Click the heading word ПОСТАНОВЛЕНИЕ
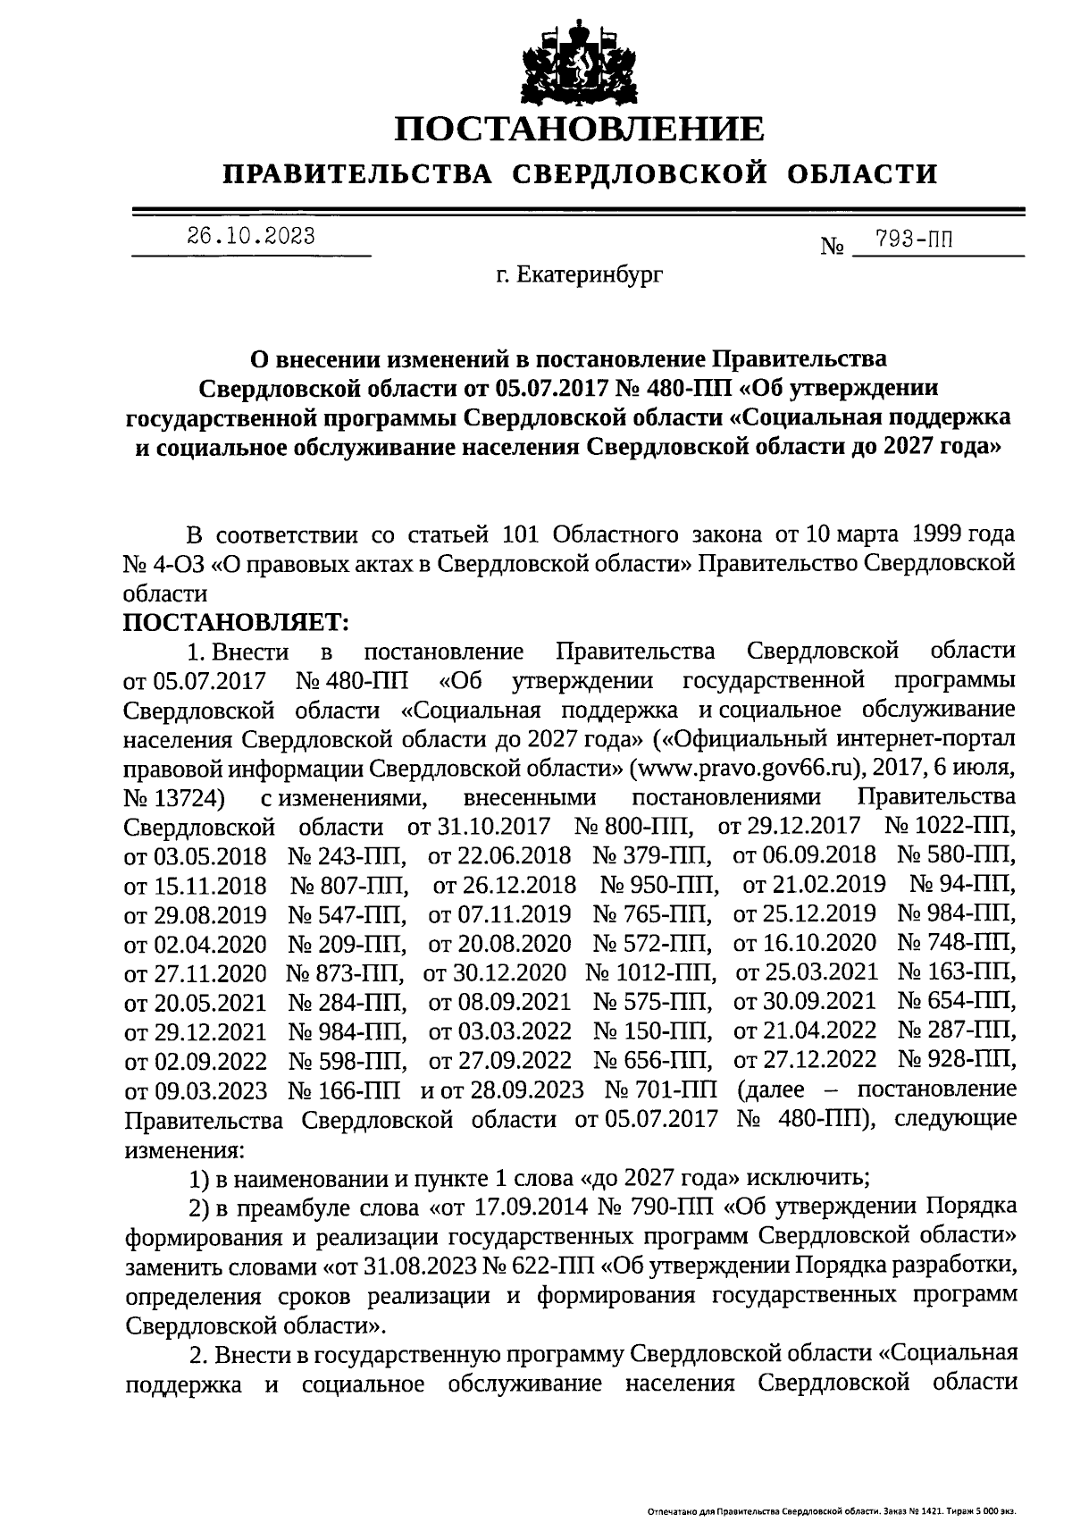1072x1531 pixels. click(x=580, y=129)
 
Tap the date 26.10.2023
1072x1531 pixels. click(x=251, y=236)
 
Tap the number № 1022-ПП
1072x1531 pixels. click(x=949, y=826)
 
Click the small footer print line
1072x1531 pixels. click(x=830, y=1512)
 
